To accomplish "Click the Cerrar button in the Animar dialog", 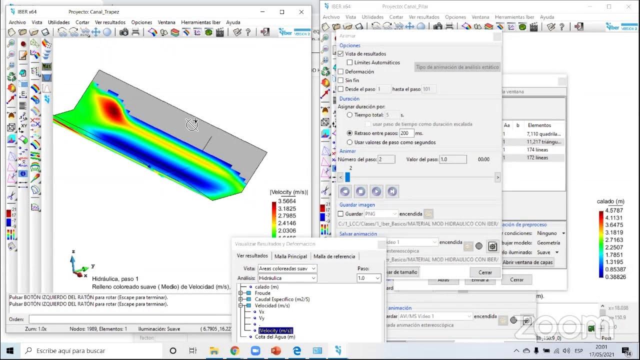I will pos(485,272).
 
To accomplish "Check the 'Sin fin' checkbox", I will pos(341,80).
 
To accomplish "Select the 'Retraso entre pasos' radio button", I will pos(350,133).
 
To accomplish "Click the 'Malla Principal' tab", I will pos(290,256).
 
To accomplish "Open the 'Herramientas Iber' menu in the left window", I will pos(200,22).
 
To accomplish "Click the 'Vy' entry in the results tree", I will pos(261,318).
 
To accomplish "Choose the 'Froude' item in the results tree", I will pos(262,293).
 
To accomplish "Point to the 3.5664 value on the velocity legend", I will pos(286,201).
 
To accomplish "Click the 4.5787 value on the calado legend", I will pos(614,210).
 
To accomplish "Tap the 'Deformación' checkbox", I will pos(341,71).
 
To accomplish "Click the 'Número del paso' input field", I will pos(386,159).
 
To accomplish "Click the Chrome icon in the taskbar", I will pos(234,351).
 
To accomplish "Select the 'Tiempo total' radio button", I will pos(350,115).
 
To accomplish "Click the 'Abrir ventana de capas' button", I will pos(527,262).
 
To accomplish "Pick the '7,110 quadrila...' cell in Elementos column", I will pos(543,134).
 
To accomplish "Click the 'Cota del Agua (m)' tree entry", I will pos(275,337).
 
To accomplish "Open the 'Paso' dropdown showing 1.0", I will pos(369,278).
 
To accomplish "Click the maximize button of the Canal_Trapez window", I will pos(282,11).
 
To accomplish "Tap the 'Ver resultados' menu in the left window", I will pos(110,22).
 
